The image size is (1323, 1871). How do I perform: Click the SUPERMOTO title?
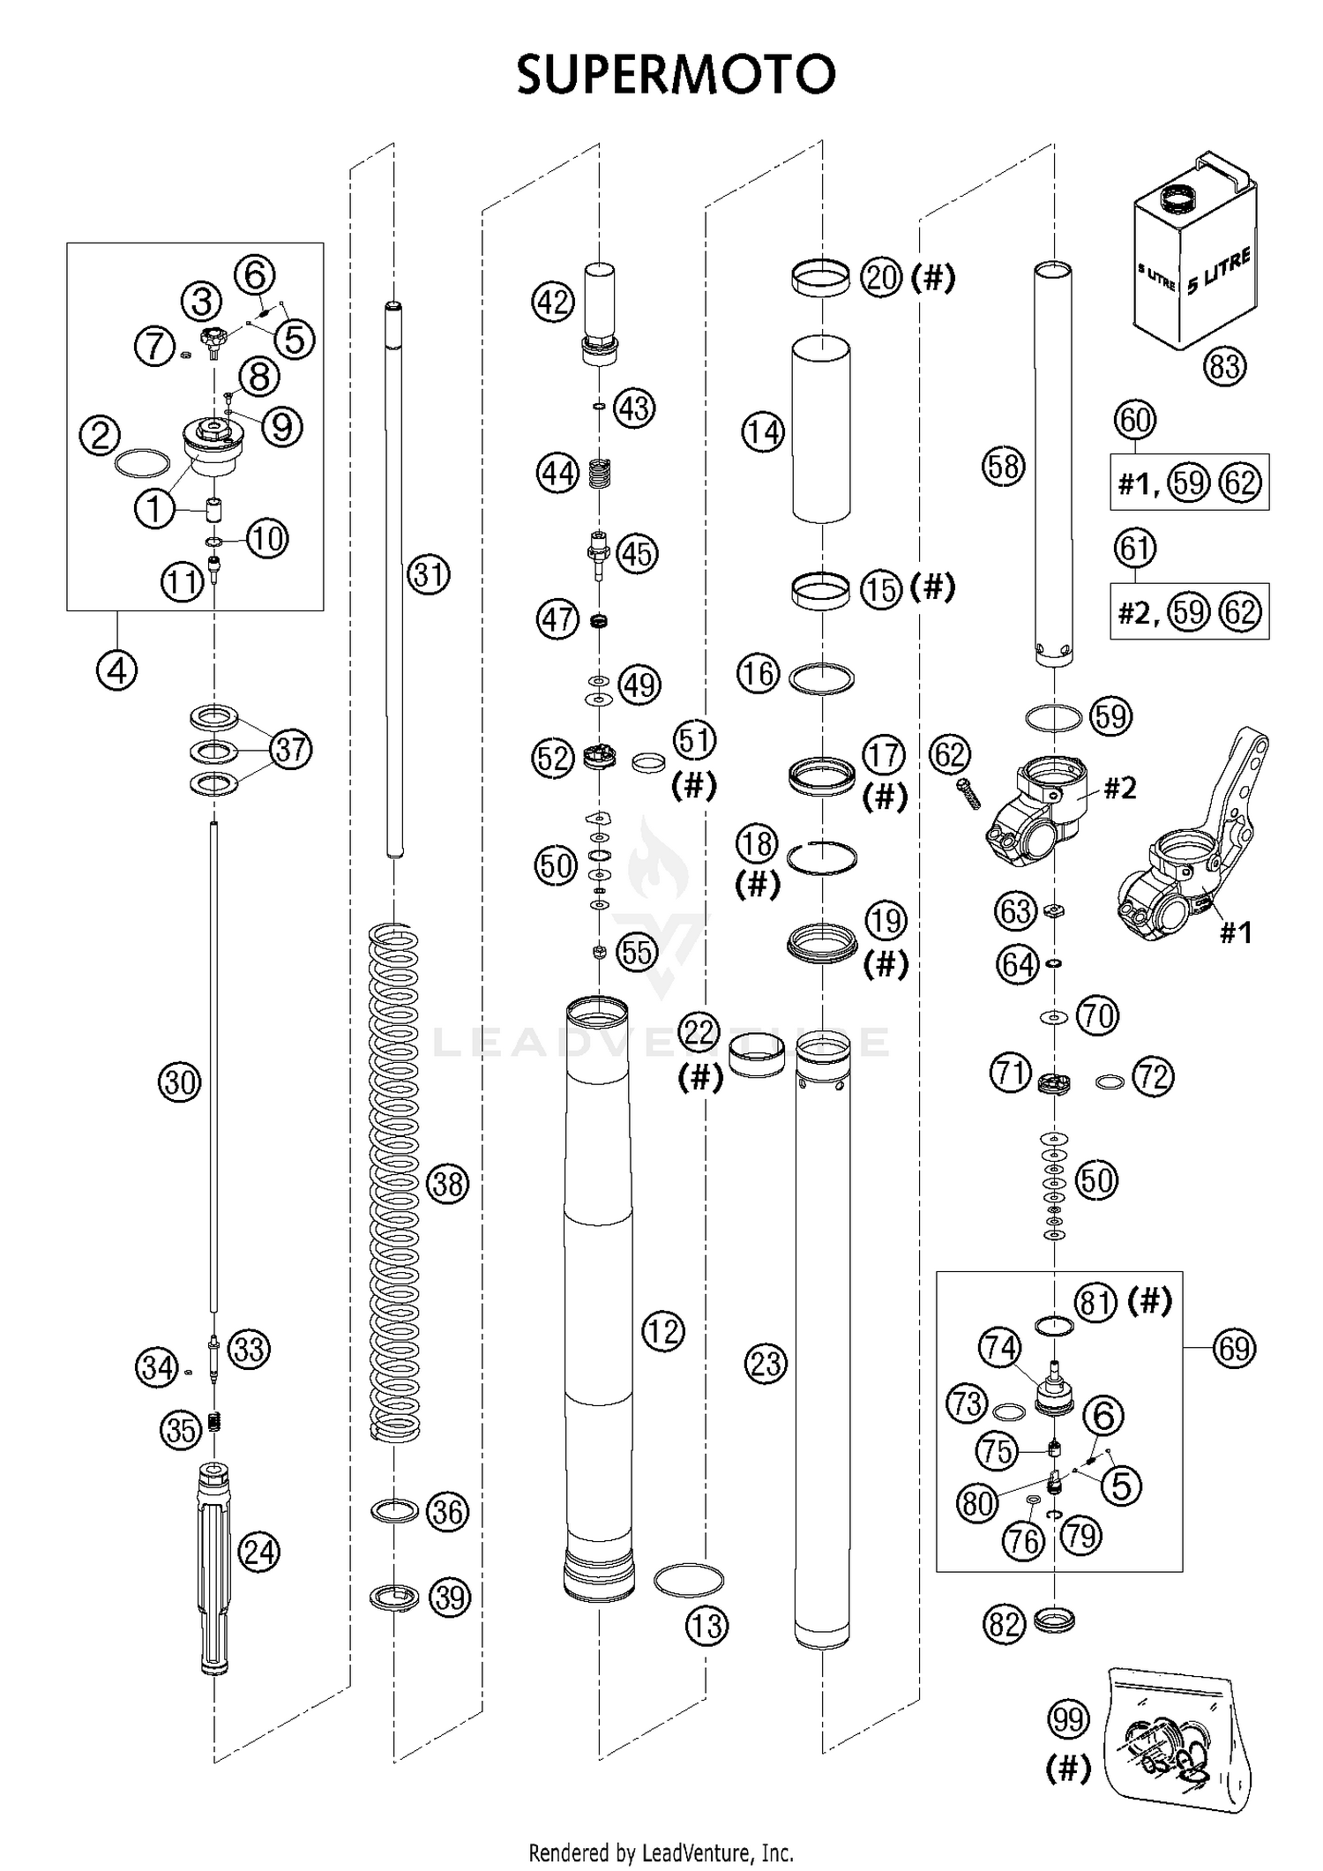point(675,74)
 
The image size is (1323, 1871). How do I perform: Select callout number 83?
point(1225,365)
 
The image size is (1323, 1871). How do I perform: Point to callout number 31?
point(429,575)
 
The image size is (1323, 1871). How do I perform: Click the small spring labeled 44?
point(600,474)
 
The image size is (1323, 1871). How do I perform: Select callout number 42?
point(553,303)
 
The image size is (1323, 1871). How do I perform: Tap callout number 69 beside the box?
point(1233,1348)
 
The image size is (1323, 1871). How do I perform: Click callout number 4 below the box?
point(117,671)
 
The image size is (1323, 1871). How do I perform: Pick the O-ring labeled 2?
point(142,464)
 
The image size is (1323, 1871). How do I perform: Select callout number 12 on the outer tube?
point(663,1330)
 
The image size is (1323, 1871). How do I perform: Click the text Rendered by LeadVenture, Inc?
point(661,1852)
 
